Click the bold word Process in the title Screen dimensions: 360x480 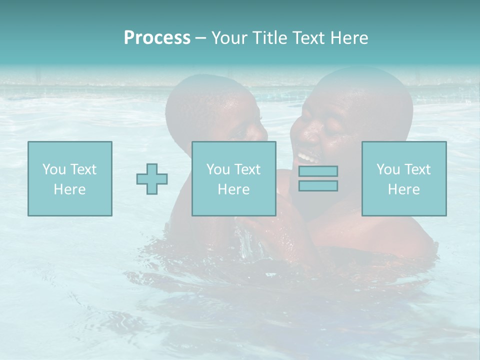click(157, 38)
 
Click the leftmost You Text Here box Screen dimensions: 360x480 click(69, 178)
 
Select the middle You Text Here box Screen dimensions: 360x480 click(233, 178)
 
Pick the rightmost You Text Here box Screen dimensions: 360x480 click(403, 178)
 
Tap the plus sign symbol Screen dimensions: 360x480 click(152, 179)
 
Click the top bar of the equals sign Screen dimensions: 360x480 click(318, 171)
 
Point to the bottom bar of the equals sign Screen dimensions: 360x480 click(318, 185)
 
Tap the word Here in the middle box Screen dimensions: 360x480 click(233, 189)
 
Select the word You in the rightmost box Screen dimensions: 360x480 click(388, 169)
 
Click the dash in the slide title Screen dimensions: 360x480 click(200, 38)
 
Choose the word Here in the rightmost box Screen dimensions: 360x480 click(403, 189)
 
